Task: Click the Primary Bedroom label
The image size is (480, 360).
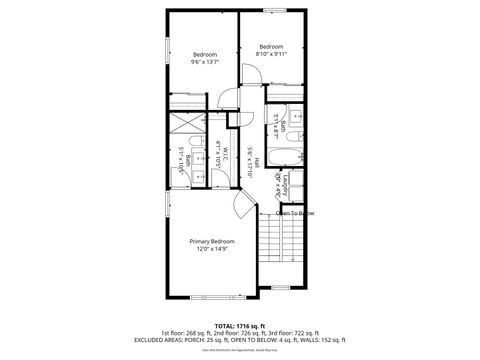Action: point(212,241)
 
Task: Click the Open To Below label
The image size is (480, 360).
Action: point(295,213)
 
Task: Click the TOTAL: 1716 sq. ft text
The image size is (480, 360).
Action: point(239,326)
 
